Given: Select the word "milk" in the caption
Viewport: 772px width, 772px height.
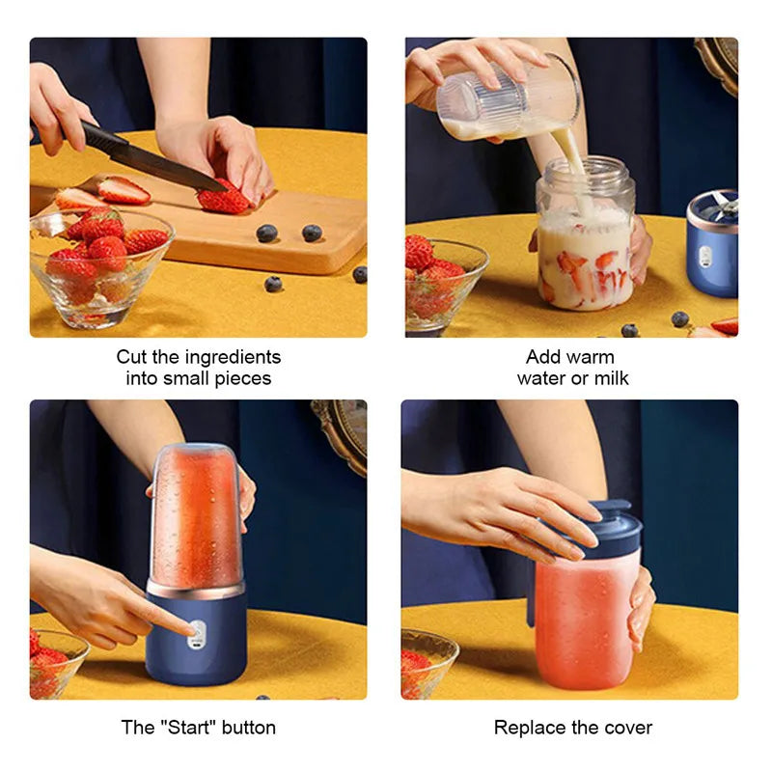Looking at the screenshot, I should coord(608,378).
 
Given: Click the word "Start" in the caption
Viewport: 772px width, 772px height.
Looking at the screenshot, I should coord(187,728).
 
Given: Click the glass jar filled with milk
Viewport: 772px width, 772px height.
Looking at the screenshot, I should coord(586,246).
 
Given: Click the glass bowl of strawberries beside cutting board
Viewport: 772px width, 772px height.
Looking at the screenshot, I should coord(98,265).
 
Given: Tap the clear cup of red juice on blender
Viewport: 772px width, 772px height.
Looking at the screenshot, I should coord(195,516).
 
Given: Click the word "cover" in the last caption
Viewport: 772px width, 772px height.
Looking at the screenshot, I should coord(628,728).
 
